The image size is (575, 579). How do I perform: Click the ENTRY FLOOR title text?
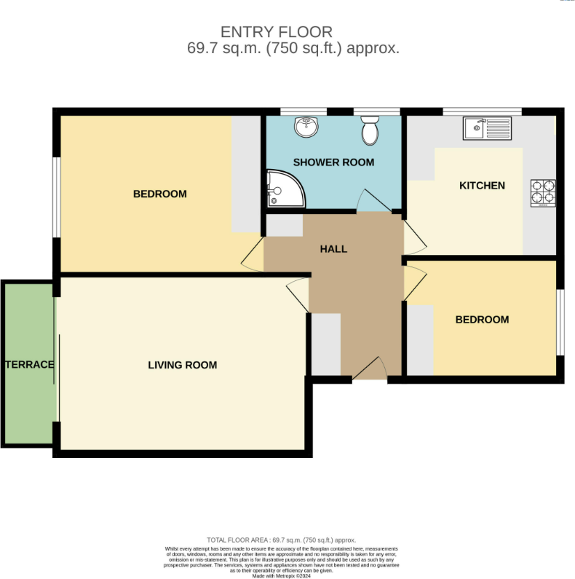pyautogui.click(x=277, y=31)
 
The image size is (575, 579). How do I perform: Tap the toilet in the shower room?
pyautogui.click(x=370, y=130)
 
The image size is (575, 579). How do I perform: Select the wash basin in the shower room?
pyautogui.click(x=306, y=127)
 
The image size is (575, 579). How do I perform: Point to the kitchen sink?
pyautogui.click(x=488, y=130)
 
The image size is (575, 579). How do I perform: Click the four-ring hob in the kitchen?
pyautogui.click(x=543, y=193)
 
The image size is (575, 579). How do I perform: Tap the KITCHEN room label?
pyautogui.click(x=481, y=186)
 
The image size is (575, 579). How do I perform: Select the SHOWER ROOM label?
pyautogui.click(x=333, y=162)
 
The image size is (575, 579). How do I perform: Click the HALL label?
pyautogui.click(x=333, y=249)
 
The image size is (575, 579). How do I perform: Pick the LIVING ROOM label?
pyautogui.click(x=182, y=365)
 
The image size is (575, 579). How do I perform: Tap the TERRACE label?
pyautogui.click(x=29, y=364)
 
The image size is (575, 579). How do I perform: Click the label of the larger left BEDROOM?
pyautogui.click(x=159, y=194)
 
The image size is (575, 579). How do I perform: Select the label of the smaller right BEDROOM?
pyautogui.click(x=482, y=320)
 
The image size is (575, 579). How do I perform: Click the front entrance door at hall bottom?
pyautogui.click(x=370, y=370)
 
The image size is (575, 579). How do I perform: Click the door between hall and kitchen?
pyautogui.click(x=411, y=235)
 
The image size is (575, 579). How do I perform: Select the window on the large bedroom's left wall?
pyautogui.click(x=56, y=197)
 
